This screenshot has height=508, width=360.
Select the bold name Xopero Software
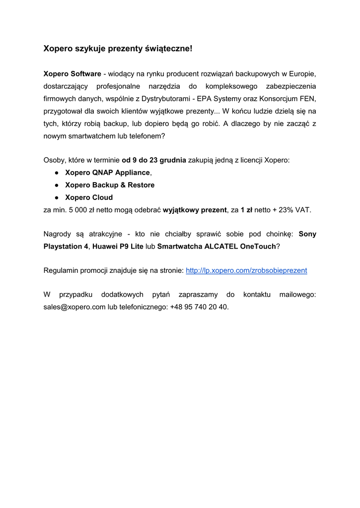(72, 74)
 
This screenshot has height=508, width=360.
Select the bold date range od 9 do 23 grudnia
(154, 160)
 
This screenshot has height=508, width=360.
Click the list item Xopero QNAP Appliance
(107, 173)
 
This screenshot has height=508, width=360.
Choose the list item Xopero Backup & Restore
(110, 185)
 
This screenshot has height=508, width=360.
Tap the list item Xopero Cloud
(89, 197)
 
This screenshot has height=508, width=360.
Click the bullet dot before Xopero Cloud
(58, 197)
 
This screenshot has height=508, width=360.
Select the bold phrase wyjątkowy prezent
(196, 210)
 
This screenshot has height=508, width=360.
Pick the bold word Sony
(307, 234)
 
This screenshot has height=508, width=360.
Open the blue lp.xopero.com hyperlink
(246, 270)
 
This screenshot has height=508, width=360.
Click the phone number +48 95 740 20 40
(199, 307)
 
